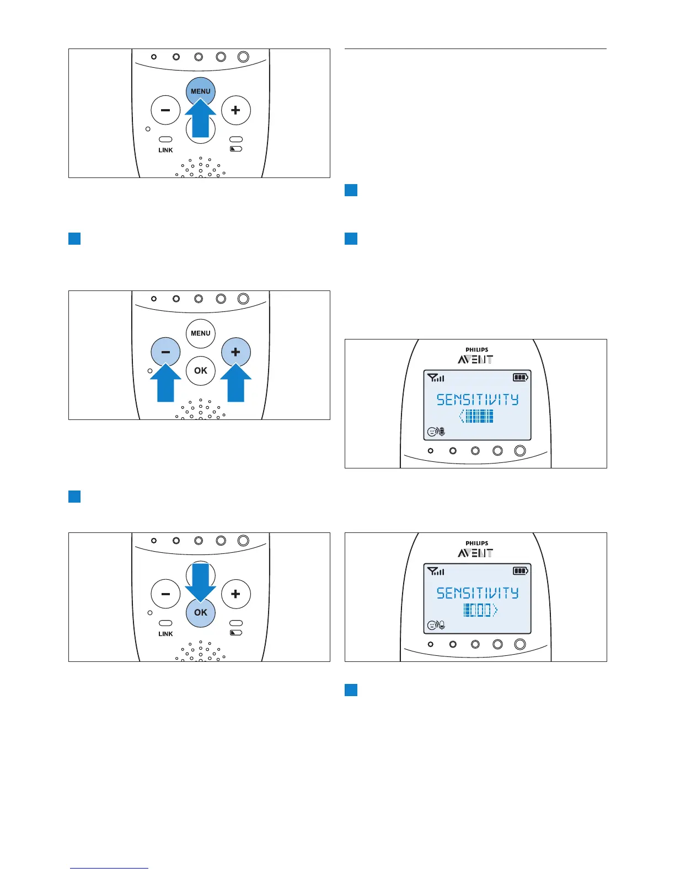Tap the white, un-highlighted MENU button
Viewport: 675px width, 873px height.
click(x=200, y=333)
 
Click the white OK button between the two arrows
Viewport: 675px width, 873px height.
click(x=201, y=370)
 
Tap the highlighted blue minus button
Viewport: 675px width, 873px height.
click(x=165, y=352)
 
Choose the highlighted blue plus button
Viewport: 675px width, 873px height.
click(x=235, y=352)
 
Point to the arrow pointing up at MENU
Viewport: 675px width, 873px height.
click(x=200, y=119)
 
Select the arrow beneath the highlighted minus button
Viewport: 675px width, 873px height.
click(x=165, y=384)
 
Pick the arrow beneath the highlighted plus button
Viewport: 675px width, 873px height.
click(x=235, y=384)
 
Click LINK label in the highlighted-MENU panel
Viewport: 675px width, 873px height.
click(x=165, y=150)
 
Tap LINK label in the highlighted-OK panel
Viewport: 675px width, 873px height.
click(x=165, y=634)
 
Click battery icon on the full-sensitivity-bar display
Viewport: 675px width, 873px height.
click(x=520, y=378)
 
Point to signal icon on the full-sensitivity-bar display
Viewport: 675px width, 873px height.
click(x=436, y=378)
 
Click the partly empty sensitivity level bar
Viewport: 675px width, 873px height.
click(x=479, y=610)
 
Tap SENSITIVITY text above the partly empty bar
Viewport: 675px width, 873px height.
click(x=478, y=593)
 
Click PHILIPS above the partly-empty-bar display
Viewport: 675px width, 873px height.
click(x=476, y=543)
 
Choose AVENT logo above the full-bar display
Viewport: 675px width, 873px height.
click(x=475, y=359)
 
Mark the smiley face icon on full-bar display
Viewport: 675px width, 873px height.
click(x=432, y=432)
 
